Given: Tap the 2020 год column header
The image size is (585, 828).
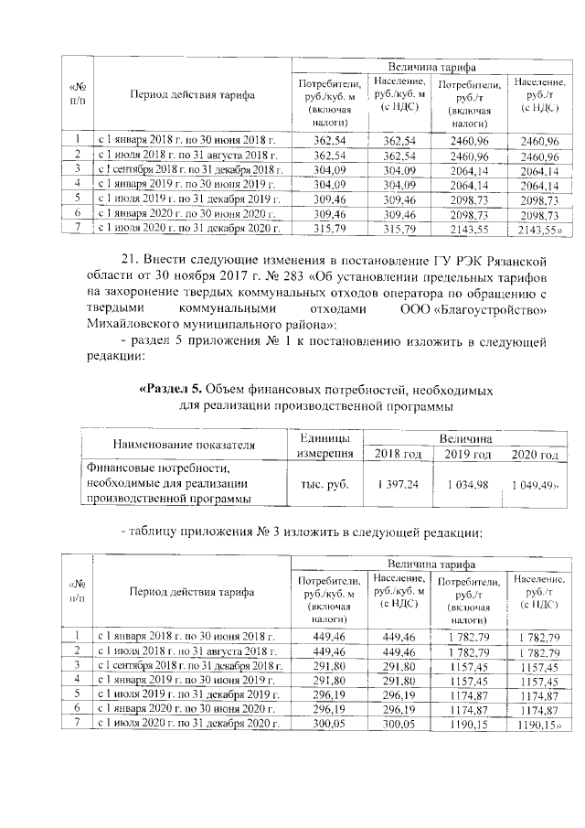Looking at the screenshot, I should [534, 455].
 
